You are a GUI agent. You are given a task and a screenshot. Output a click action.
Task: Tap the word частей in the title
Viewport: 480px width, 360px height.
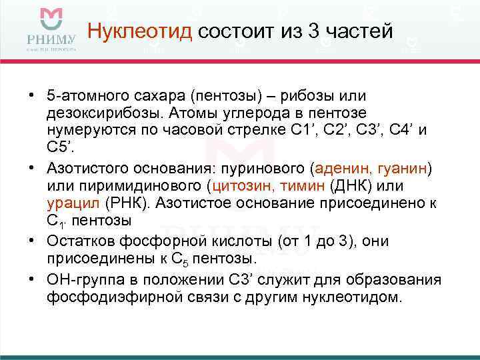point(357,31)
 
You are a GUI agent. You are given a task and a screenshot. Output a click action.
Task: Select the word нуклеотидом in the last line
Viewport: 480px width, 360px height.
point(360,295)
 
